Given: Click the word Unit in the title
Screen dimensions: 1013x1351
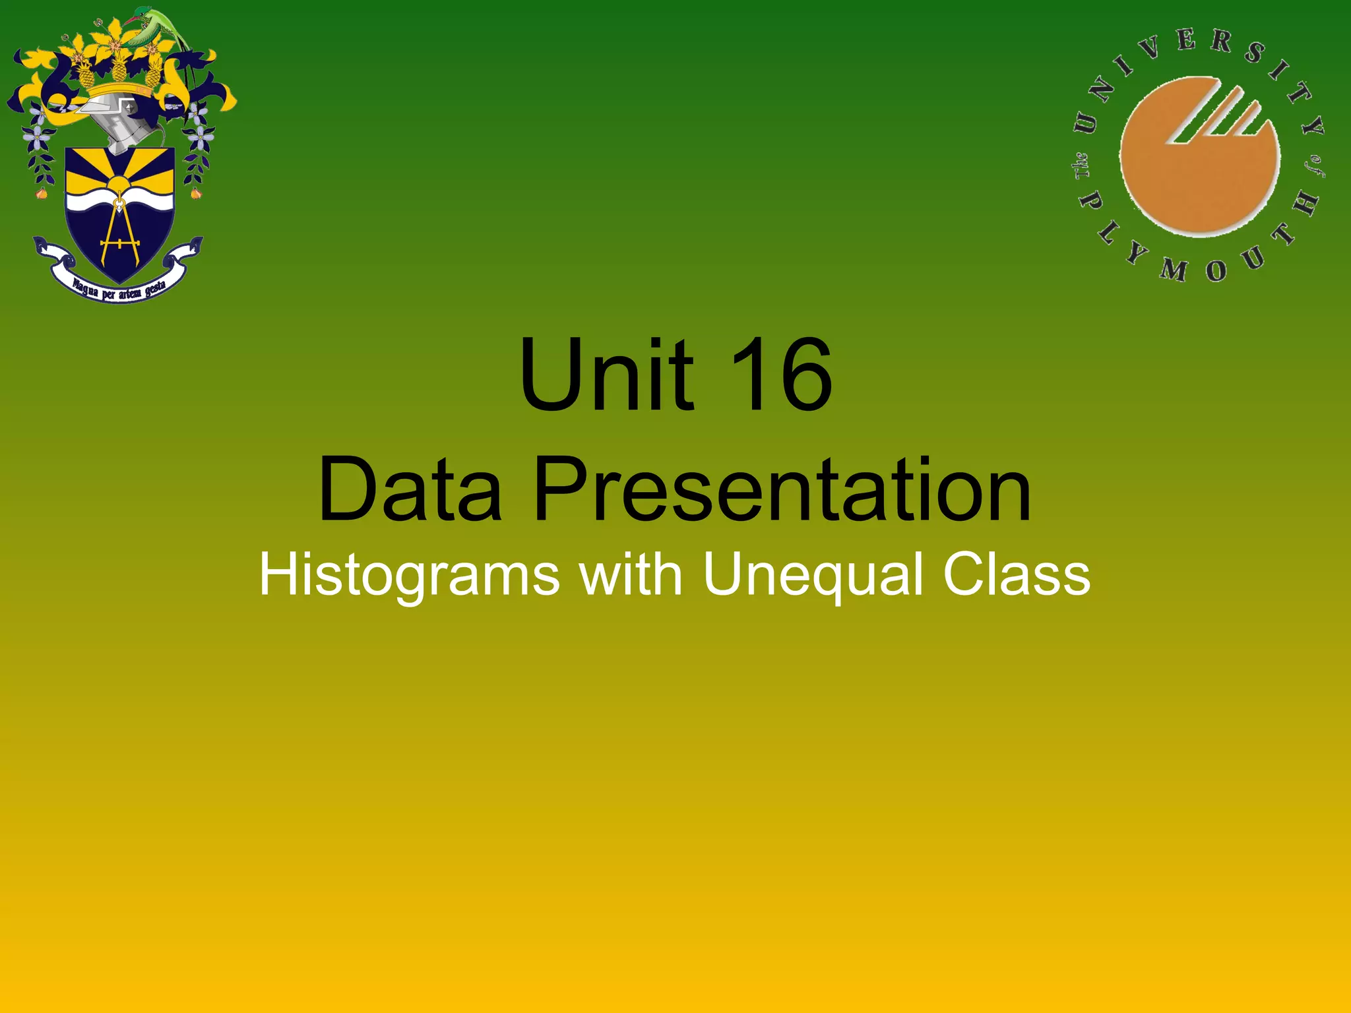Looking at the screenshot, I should coord(606,376).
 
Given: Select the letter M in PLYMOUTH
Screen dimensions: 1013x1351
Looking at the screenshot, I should coord(1174,268).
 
